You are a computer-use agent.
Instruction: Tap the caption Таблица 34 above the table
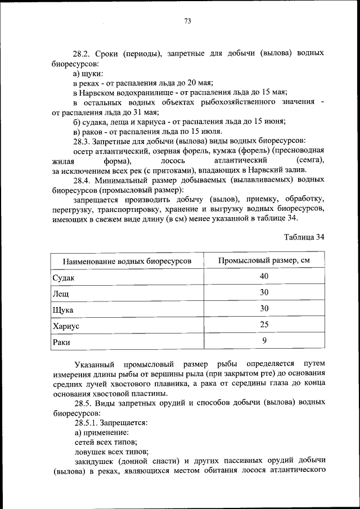coord(304,237)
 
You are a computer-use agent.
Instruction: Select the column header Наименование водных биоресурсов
coord(127,262)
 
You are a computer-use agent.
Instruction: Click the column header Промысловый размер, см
coord(264,261)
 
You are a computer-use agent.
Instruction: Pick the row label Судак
coord(63,278)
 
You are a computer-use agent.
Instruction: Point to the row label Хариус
coord(65,326)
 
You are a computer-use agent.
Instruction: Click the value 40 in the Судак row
coord(264,276)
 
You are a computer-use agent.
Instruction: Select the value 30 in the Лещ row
coord(264,292)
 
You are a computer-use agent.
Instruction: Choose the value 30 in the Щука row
coord(264,308)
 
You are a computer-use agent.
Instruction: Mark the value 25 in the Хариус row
coord(264,325)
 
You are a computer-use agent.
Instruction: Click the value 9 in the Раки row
coord(264,340)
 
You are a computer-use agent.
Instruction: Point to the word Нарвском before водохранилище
coord(100,92)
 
